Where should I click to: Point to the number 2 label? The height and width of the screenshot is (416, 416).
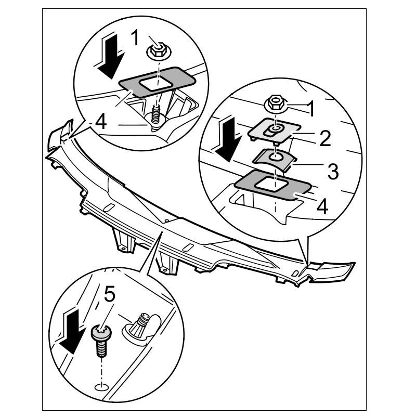[326, 138]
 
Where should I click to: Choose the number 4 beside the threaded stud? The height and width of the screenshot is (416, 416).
[101, 123]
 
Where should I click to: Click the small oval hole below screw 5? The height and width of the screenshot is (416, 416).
[101, 386]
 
